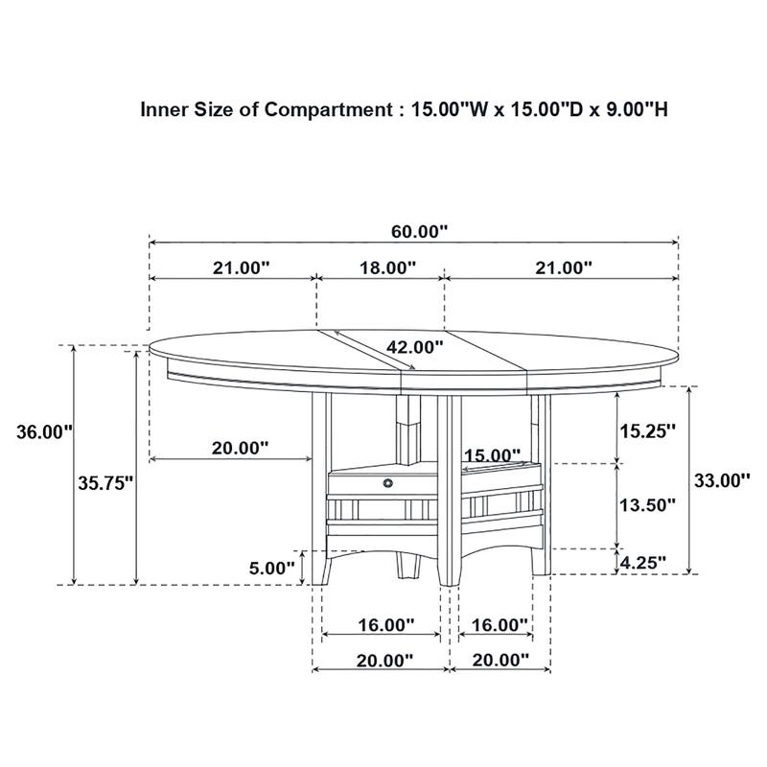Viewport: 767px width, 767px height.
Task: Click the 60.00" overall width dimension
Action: click(419, 230)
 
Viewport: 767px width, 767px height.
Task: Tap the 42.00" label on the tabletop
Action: click(415, 347)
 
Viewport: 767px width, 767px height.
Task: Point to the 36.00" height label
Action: click(45, 432)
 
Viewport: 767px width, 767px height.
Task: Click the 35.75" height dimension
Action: click(105, 484)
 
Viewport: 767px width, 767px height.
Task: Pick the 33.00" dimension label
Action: click(721, 481)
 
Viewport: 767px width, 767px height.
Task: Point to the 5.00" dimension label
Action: click(271, 568)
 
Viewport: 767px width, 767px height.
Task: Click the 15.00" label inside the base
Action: click(491, 455)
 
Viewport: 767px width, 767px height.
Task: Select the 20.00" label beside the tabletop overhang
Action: click(239, 447)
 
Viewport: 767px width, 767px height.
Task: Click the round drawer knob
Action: click(388, 483)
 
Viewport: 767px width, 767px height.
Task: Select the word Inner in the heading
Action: click(163, 109)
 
